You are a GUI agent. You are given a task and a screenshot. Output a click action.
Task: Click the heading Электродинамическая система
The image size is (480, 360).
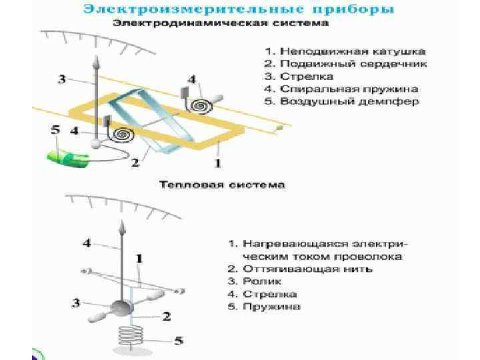[220, 23]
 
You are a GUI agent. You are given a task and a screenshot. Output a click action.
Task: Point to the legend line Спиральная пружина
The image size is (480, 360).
[340, 89]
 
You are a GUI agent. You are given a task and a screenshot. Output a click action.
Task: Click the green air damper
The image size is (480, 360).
[67, 158]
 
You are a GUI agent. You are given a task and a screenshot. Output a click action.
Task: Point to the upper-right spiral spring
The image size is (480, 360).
[200, 105]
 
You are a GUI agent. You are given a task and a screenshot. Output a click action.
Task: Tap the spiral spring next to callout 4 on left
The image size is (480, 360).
[122, 134]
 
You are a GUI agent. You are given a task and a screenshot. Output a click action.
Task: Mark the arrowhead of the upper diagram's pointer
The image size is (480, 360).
[96, 61]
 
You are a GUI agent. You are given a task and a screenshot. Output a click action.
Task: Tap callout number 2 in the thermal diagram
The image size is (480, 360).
[167, 316]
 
